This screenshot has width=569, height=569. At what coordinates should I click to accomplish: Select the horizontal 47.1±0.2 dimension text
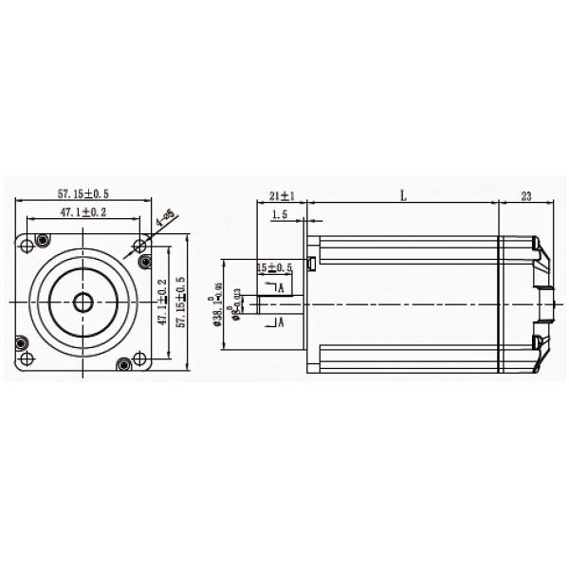click(x=83, y=211)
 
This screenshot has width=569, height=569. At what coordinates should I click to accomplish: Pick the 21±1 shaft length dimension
click(x=282, y=195)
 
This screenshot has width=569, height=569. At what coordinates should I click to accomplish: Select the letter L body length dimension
click(x=403, y=195)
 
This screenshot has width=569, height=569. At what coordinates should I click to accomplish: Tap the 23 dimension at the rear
click(x=526, y=195)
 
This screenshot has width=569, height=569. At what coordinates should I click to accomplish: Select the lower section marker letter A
click(x=282, y=322)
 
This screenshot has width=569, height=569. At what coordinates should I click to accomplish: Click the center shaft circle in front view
click(x=83, y=303)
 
